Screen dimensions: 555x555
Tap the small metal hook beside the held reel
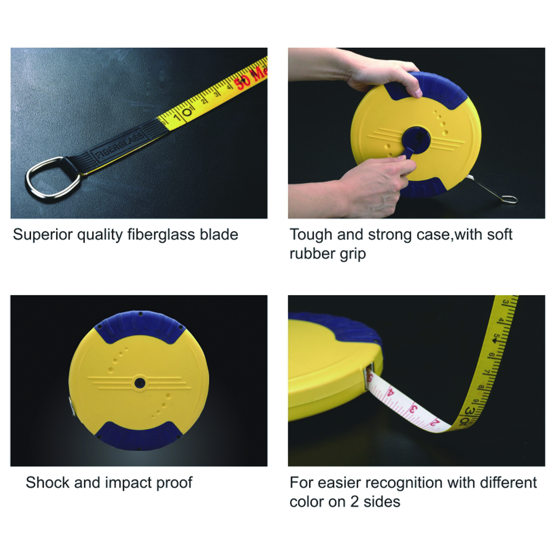point(507,199)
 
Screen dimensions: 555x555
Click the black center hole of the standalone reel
point(139,382)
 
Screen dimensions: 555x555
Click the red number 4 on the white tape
point(391,394)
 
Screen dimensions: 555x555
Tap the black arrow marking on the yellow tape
point(496,340)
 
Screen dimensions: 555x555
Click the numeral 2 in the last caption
point(355,502)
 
